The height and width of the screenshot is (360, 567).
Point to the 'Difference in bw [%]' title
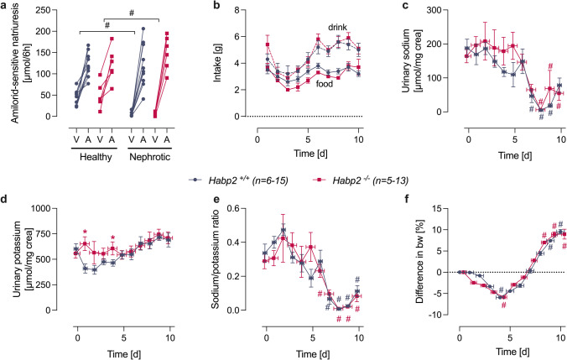point(392,259)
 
